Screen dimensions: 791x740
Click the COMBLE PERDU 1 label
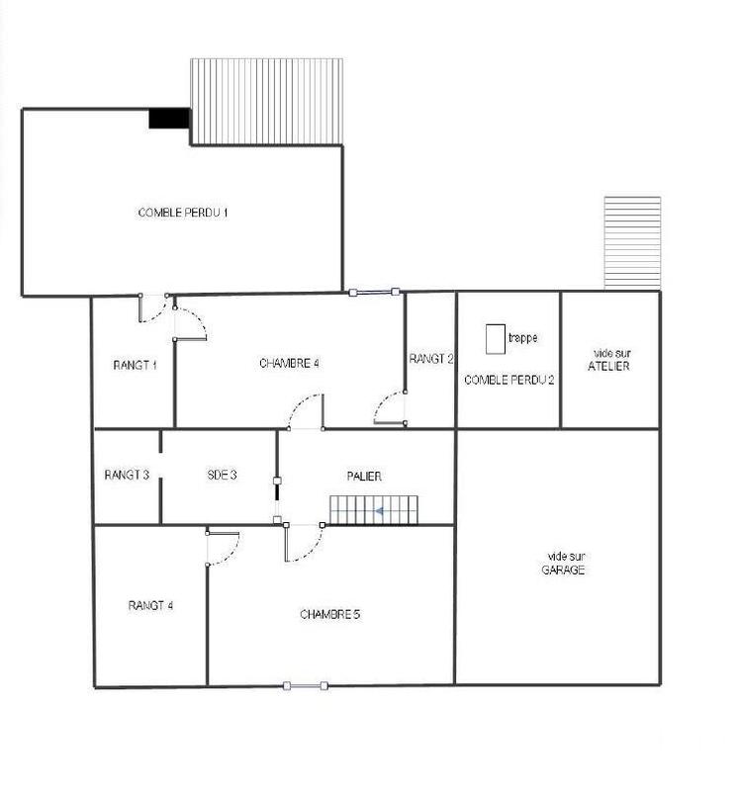point(184,213)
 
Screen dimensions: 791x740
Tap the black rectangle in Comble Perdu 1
point(169,119)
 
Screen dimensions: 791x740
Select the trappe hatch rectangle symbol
point(495,339)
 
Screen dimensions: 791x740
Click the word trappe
point(522,338)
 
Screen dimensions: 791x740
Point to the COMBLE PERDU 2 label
point(509,380)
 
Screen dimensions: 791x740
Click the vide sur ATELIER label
point(609,360)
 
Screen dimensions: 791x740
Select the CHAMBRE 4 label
point(289,363)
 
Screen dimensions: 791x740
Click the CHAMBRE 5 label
point(329,614)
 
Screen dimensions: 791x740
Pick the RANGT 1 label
point(135,365)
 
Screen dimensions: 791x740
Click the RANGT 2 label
point(431,359)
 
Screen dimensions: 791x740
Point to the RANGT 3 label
point(127,475)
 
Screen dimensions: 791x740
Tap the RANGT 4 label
point(151,605)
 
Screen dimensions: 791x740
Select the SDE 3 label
point(222,475)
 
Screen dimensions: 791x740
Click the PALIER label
point(365,476)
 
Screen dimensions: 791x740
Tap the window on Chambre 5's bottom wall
point(305,685)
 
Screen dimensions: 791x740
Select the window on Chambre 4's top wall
point(374,292)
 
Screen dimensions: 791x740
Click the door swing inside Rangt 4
point(224,547)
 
